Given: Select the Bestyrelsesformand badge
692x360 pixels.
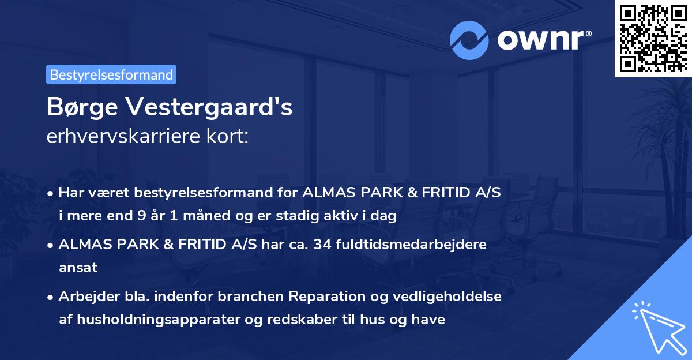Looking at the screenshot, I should pos(111,74).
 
